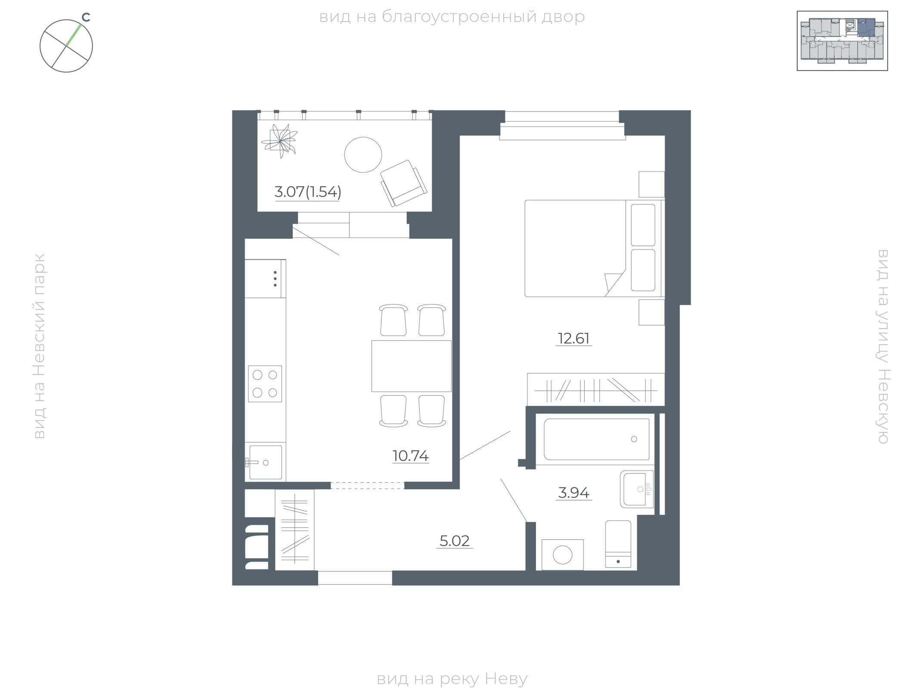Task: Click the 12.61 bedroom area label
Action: pos(573,339)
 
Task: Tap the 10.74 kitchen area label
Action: pos(410,456)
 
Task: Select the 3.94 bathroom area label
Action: pos(573,493)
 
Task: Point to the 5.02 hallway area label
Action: pos(455,541)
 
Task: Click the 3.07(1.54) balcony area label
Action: pos(308,192)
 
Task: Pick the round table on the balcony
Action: pos(363,154)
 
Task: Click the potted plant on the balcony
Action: pos(279,141)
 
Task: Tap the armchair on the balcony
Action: pos(404,183)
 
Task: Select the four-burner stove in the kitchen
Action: pos(265,384)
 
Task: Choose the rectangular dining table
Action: pos(412,366)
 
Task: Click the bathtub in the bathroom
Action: pos(597,439)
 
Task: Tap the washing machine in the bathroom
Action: pos(563,555)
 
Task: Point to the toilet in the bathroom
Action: pos(618,544)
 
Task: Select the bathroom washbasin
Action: pos(637,489)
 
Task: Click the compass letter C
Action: pos(86,18)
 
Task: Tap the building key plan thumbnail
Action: pos(842,41)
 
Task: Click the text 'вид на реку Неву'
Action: pos(452,679)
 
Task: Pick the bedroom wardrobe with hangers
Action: pos(596,389)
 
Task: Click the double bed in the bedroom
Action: pos(595,248)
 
